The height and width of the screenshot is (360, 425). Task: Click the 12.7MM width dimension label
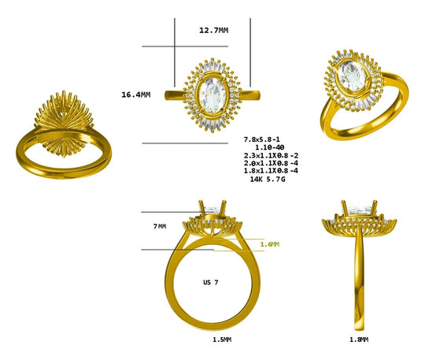pyautogui.click(x=213, y=30)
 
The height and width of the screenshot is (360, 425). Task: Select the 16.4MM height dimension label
pyautogui.click(x=136, y=95)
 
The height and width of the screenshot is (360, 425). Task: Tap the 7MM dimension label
pyautogui.click(x=159, y=226)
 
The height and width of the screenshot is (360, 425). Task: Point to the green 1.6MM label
pyautogui.click(x=269, y=244)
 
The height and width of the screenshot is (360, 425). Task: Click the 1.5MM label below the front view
pyautogui.click(x=222, y=340)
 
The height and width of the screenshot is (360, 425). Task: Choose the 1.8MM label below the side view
pyautogui.click(x=357, y=340)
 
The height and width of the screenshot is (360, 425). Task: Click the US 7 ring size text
pyautogui.click(x=211, y=282)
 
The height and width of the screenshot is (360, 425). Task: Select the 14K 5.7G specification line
pyautogui.click(x=267, y=179)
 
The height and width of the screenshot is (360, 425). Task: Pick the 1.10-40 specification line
pyautogui.click(x=268, y=147)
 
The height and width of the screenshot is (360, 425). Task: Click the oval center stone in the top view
pyautogui.click(x=211, y=96)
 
